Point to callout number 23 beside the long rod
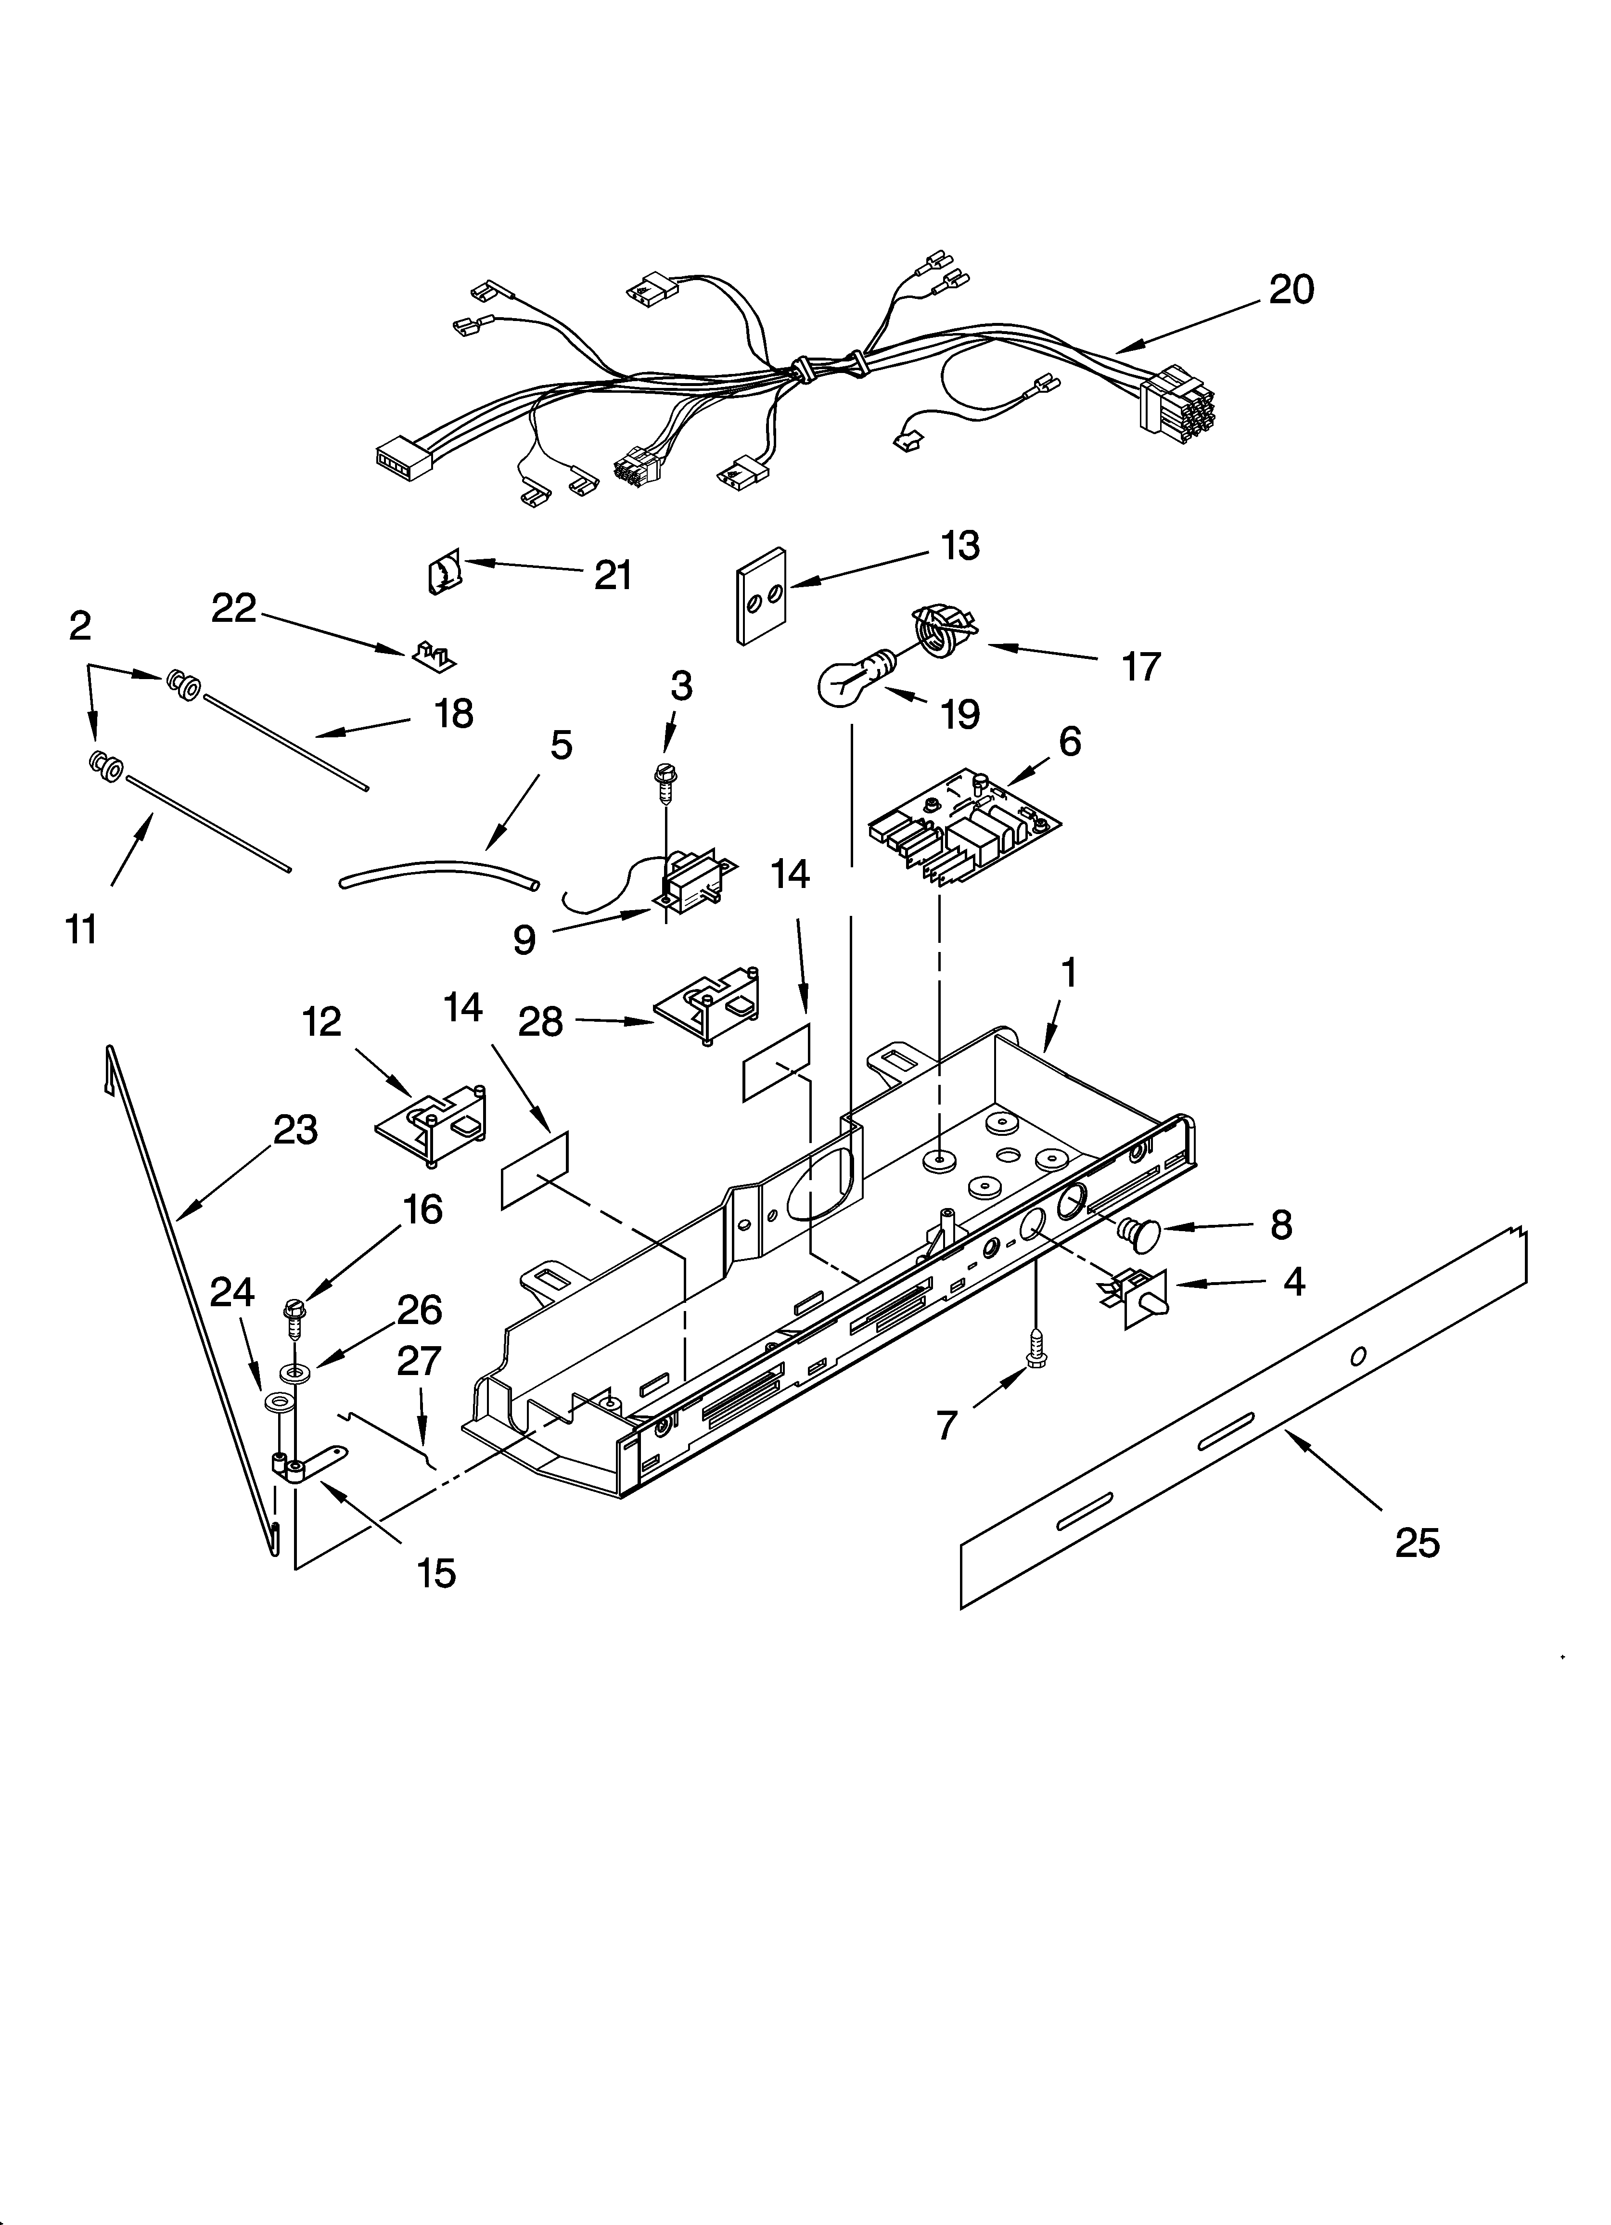(x=295, y=1130)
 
